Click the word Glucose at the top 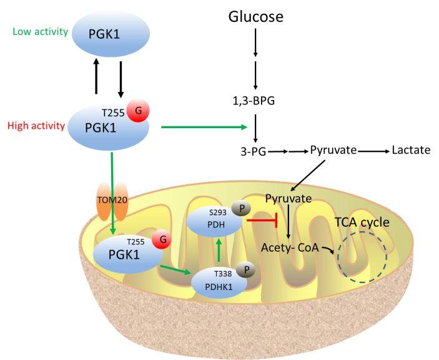point(255,16)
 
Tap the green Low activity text point(41,31)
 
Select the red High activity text point(36,126)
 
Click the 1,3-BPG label point(254,101)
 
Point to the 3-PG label point(254,152)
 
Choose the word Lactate point(411,150)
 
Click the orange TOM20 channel point(112,200)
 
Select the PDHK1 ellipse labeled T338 point(219,282)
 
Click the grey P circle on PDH point(241,209)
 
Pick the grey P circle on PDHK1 point(246,270)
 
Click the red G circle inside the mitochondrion point(162,239)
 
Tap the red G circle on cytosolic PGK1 point(138,111)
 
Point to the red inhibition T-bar point(262,220)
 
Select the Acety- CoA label point(290,247)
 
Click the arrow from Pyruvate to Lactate point(374,151)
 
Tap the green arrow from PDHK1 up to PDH point(219,250)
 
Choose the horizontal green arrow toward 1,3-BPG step point(204,127)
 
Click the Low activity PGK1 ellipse point(111,34)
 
